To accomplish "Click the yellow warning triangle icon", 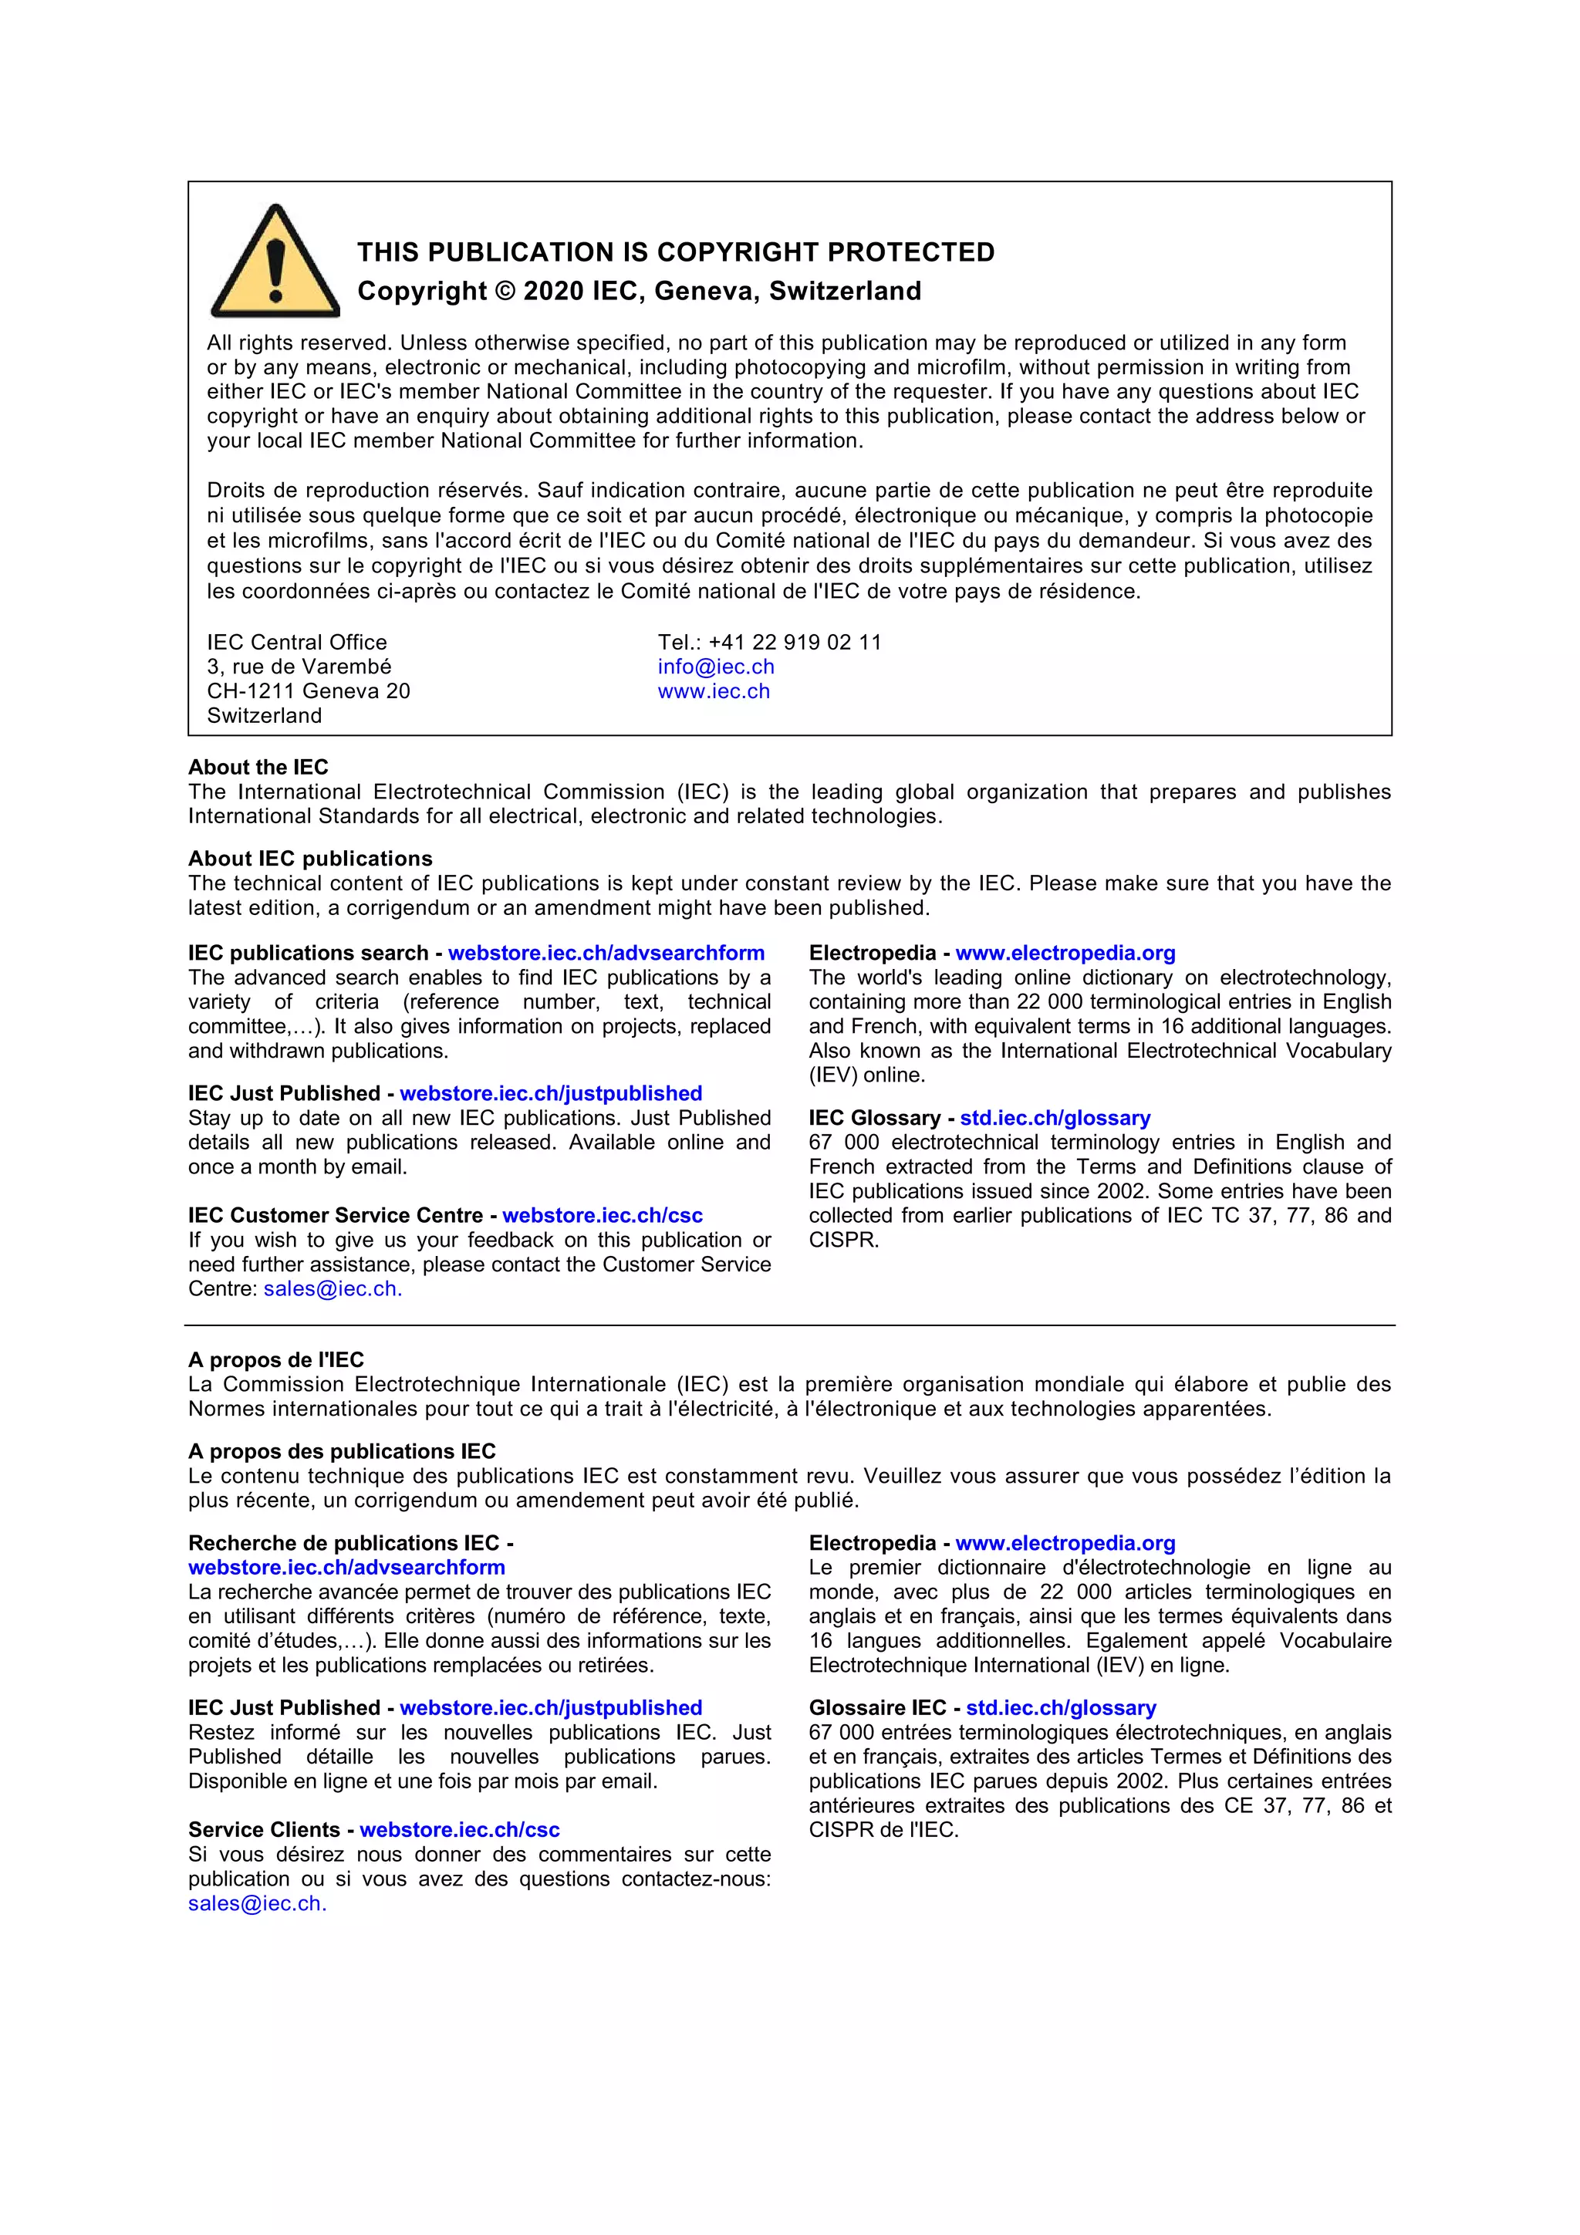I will tap(275, 263).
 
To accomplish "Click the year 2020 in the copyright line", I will tap(553, 291).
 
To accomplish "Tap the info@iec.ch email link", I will tap(715, 667).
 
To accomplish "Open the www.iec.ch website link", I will tap(714, 691).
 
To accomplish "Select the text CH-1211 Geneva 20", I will tap(308, 691).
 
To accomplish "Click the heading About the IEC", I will tap(258, 767).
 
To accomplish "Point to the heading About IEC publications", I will tap(309, 859).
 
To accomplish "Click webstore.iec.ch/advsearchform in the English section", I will tap(606, 953).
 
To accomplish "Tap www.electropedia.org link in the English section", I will tap(1065, 953).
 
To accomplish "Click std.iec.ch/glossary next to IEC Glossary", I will tap(1055, 1117).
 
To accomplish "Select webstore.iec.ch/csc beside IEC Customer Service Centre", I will tap(602, 1215).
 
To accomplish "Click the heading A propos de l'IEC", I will tap(275, 1360).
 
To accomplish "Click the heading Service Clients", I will tap(263, 1829).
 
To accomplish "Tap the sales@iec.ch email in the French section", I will tap(256, 1903).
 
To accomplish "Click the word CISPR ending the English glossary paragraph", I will tap(842, 1240).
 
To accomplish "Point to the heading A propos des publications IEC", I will tap(342, 1451).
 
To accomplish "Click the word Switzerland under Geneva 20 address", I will tap(264, 715).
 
